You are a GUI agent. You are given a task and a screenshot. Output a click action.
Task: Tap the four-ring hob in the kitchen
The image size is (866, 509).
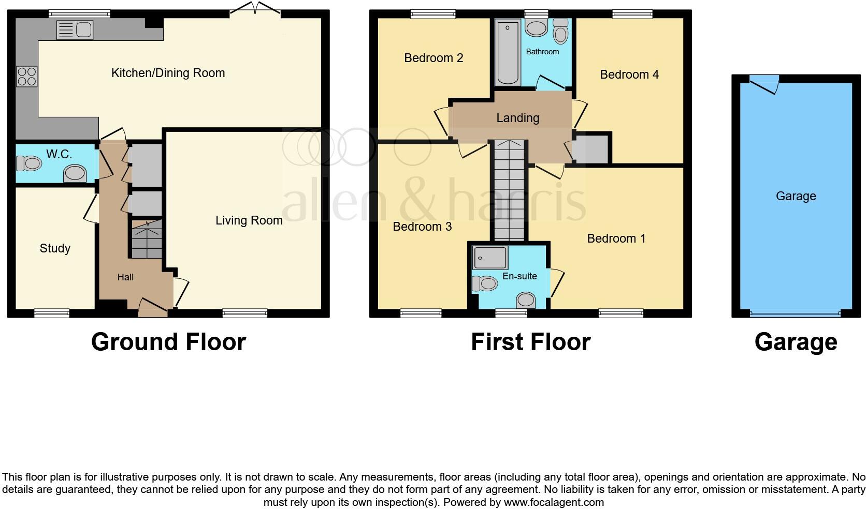(x=27, y=77)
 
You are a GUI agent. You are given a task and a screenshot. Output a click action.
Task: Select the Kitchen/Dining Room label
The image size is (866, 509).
(x=168, y=73)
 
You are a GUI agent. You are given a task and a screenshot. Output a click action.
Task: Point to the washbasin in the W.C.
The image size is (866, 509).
(x=75, y=174)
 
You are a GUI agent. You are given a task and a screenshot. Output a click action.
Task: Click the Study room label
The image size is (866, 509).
(x=55, y=248)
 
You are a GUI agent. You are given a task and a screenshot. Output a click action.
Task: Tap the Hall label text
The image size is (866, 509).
(x=125, y=277)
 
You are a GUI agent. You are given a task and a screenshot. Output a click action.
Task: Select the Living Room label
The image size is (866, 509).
(x=249, y=220)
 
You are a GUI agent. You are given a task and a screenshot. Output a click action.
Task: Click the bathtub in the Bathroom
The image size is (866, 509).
(x=508, y=52)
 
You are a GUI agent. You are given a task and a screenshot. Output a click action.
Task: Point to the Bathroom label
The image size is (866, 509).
(x=542, y=52)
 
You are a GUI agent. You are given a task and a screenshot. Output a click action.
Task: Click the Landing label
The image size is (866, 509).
(x=517, y=118)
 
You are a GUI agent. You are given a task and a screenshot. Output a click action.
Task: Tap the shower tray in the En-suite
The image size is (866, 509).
(x=489, y=258)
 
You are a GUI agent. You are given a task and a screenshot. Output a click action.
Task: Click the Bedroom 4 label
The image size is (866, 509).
(x=629, y=74)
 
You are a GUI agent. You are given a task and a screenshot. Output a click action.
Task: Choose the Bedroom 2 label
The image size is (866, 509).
(x=434, y=58)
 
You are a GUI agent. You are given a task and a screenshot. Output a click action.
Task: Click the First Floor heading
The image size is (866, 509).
(x=530, y=342)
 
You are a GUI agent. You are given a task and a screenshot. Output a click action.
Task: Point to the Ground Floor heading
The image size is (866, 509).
(x=168, y=342)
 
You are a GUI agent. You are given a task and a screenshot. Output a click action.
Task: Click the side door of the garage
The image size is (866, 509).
(x=765, y=83)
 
